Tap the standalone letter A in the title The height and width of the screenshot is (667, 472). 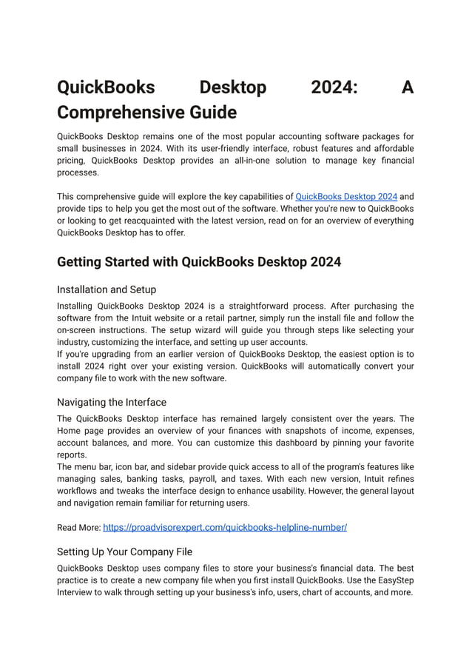point(407,87)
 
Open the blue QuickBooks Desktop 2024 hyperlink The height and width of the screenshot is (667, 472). point(346,197)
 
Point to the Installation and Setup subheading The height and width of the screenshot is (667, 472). point(107,289)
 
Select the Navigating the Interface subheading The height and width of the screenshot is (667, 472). point(112,402)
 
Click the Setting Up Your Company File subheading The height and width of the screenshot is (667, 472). point(124,552)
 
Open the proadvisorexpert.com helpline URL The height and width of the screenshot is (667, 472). point(225,527)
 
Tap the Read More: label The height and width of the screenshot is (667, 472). point(78,528)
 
